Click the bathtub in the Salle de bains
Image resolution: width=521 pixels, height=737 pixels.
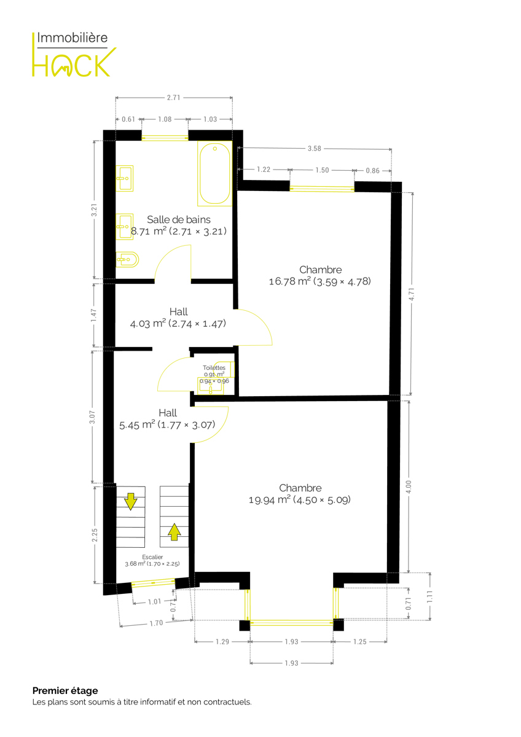(x=214, y=174)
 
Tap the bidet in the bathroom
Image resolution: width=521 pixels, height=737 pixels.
(x=127, y=260)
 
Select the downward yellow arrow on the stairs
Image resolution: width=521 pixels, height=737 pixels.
(x=131, y=502)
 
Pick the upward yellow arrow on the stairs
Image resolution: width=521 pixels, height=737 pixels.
(x=174, y=532)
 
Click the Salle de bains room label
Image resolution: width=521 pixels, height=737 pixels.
(x=178, y=219)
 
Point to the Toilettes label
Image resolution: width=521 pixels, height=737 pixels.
(x=214, y=367)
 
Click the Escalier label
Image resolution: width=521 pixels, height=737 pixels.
(x=152, y=557)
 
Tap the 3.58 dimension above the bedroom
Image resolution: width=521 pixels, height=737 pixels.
(x=315, y=149)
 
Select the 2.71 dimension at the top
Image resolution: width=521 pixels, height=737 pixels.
(x=173, y=98)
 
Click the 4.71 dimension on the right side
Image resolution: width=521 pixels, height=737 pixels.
(x=412, y=294)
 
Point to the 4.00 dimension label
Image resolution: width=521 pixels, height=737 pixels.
(x=409, y=486)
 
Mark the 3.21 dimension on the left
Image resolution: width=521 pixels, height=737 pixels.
(x=94, y=210)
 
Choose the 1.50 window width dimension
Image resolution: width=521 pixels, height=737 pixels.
(x=322, y=170)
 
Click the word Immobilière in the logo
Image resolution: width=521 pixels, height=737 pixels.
(x=72, y=37)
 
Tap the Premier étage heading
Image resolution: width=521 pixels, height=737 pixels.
(x=65, y=690)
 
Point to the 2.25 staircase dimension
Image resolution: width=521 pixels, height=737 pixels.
(x=95, y=536)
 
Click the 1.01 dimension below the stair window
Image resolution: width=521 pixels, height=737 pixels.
(x=154, y=602)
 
